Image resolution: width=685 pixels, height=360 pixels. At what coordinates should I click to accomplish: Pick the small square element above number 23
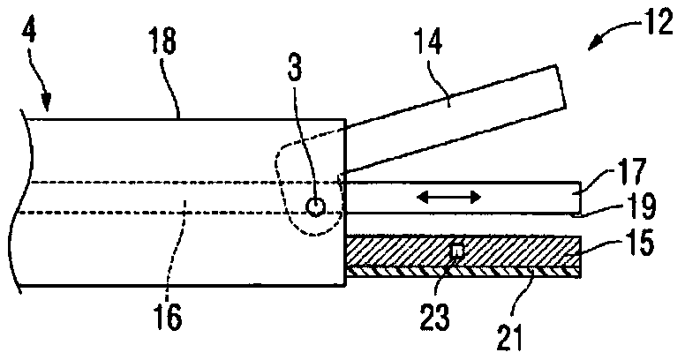click(x=456, y=252)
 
